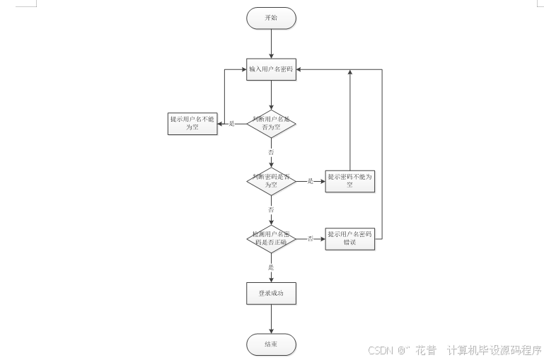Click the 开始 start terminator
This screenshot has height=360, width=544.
(x=271, y=18)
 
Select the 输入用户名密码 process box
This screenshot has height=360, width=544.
(x=271, y=69)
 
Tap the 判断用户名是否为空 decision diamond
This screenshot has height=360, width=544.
(x=271, y=124)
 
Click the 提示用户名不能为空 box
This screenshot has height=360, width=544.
(x=192, y=124)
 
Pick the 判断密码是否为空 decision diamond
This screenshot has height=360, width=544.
(x=271, y=181)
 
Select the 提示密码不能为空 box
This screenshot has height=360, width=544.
(x=349, y=181)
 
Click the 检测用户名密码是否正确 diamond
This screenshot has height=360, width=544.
(x=271, y=238)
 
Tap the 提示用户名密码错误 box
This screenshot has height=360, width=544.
(x=349, y=238)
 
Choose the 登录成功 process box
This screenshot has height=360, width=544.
(x=271, y=292)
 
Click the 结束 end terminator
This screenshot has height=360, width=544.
(x=271, y=344)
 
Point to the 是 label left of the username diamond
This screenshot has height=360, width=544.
(x=231, y=124)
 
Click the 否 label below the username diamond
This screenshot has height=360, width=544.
(x=271, y=152)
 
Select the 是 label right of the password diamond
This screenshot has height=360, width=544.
(x=310, y=181)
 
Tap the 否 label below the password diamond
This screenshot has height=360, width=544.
(x=271, y=210)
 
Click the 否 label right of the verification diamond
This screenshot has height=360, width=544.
(x=310, y=238)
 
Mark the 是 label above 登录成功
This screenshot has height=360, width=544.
(x=271, y=267)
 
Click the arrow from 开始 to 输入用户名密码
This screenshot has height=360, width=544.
(x=271, y=43)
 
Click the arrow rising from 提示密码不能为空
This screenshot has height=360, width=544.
(x=349, y=120)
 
